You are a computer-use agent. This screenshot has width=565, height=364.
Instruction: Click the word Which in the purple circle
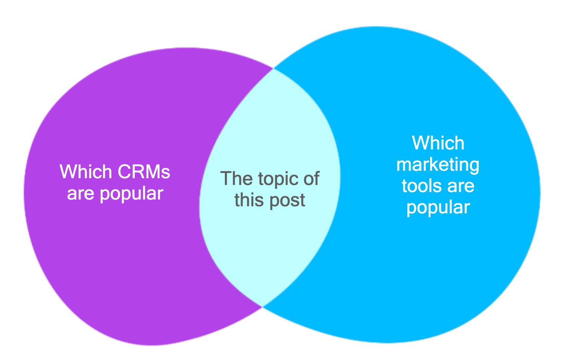[86, 172]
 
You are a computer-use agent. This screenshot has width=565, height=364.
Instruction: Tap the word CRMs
[144, 172]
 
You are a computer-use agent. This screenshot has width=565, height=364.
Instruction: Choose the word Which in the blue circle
[438, 143]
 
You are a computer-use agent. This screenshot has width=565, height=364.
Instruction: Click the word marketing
[438, 165]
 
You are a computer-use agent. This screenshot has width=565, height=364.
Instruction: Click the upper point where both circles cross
[274, 68]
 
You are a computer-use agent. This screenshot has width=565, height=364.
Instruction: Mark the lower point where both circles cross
[263, 307]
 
